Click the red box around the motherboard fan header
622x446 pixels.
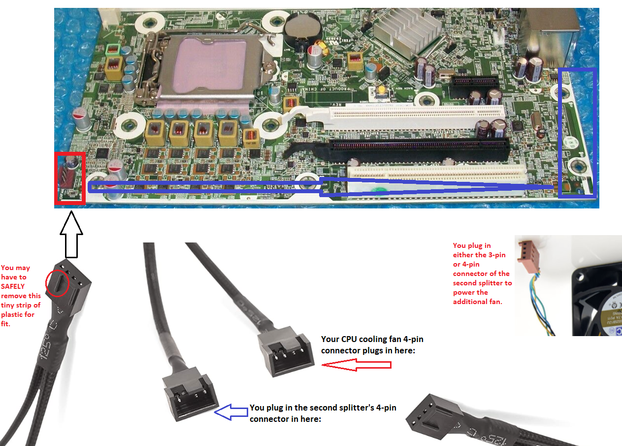(69, 178)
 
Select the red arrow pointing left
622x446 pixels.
(357, 365)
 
